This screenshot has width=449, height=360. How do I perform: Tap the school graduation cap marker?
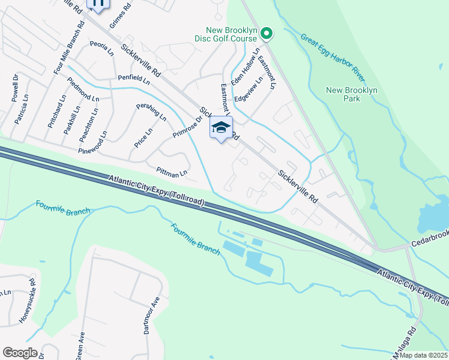tap(221, 128)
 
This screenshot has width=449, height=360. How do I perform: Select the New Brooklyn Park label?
tap(351, 94)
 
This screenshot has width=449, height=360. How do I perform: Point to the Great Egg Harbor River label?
tap(333, 59)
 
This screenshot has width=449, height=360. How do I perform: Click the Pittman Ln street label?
tap(172, 172)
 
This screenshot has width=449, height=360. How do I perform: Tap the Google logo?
tap(19, 353)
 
